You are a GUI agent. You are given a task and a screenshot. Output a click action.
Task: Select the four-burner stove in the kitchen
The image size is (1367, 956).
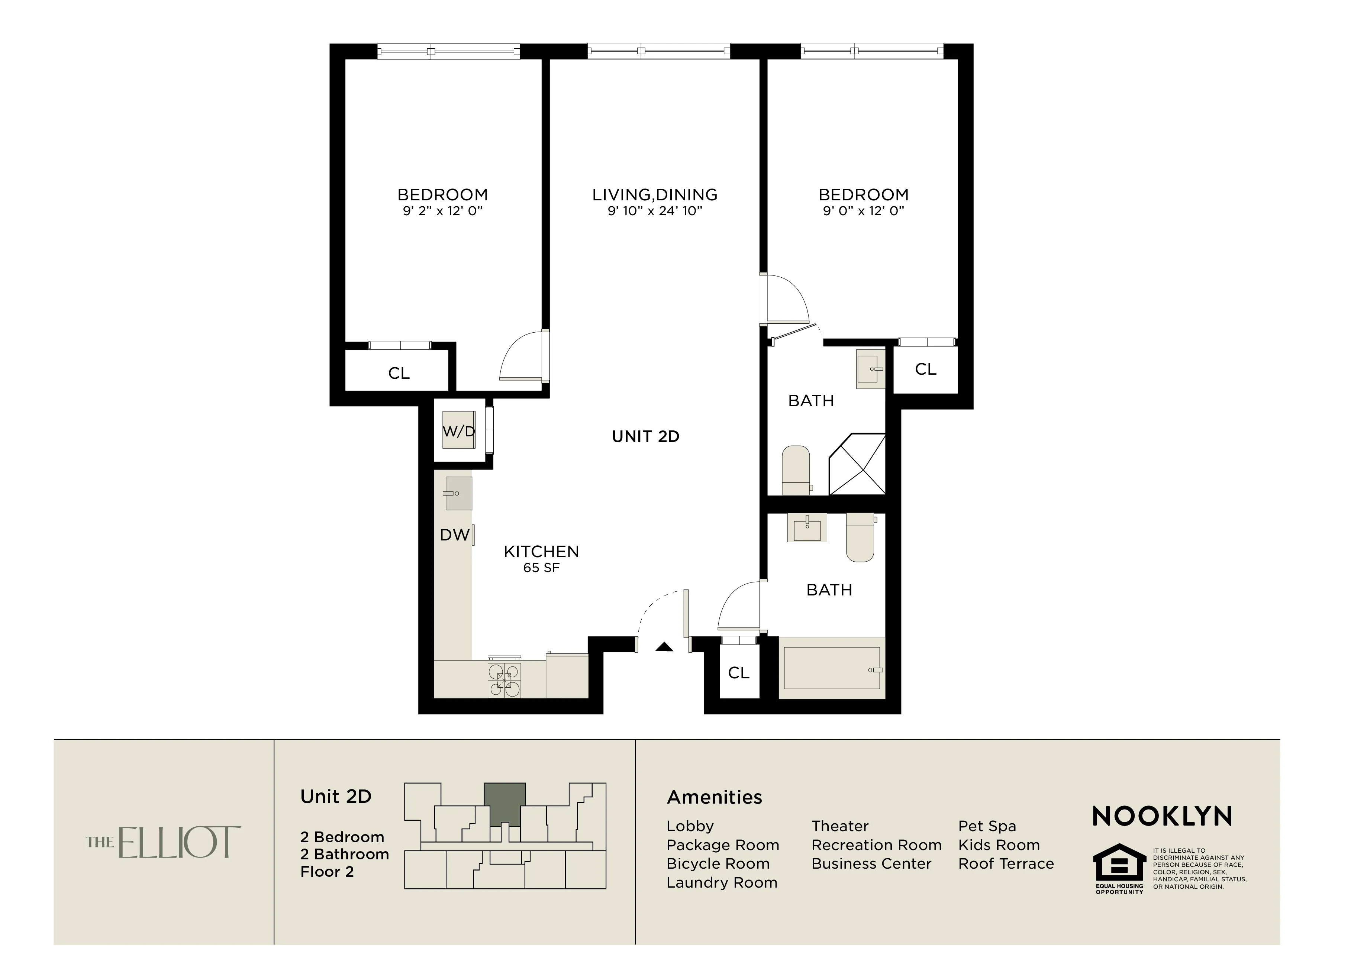point(504,680)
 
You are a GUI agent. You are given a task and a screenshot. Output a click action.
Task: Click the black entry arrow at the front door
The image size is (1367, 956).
point(664,647)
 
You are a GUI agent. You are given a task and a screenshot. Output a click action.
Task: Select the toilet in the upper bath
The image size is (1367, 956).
point(796,470)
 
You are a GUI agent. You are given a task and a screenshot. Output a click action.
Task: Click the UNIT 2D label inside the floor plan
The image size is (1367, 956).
point(645,436)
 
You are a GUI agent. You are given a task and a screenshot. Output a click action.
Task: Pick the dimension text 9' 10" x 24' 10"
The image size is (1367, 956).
point(655,211)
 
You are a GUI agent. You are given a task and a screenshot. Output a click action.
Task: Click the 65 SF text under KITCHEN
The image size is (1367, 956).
point(541,568)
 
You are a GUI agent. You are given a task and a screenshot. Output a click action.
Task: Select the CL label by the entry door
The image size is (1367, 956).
point(738,673)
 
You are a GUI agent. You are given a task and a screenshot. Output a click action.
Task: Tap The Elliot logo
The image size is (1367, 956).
point(164,842)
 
